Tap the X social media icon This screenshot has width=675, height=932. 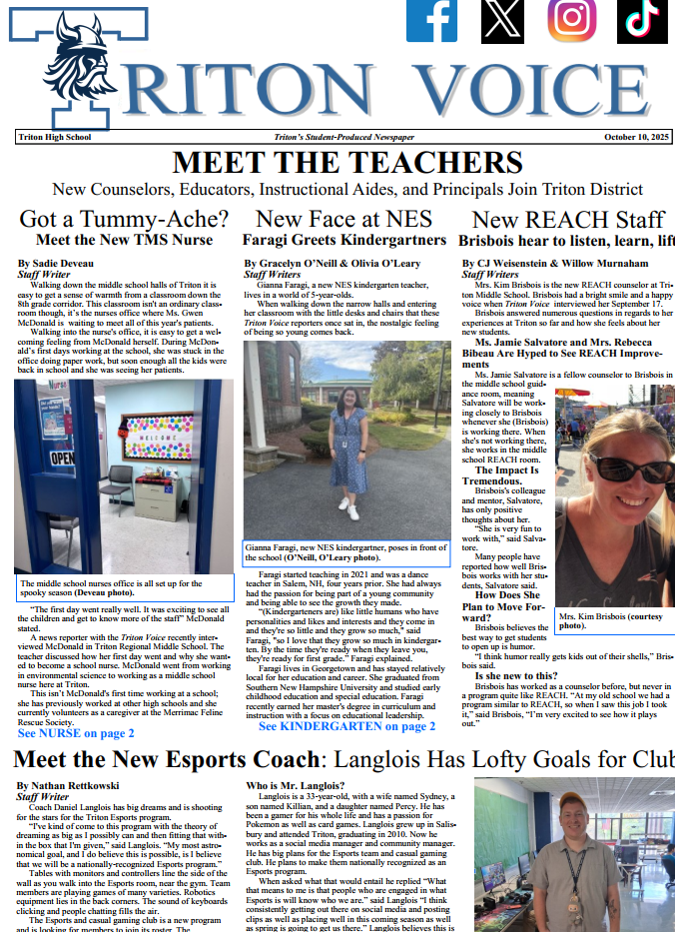501,20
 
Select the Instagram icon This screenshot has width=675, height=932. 572,20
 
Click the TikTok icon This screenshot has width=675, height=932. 643,20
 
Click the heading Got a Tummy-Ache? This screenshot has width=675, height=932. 124,219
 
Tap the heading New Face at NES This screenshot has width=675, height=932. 343,219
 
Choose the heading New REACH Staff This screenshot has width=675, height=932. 567,220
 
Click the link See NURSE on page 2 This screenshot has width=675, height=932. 76,732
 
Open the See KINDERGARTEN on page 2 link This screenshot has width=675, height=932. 346,726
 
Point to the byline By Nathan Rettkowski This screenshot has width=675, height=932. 68,786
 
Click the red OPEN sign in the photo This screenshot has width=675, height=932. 62,457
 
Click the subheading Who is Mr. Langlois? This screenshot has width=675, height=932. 296,786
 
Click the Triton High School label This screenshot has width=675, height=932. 54,137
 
